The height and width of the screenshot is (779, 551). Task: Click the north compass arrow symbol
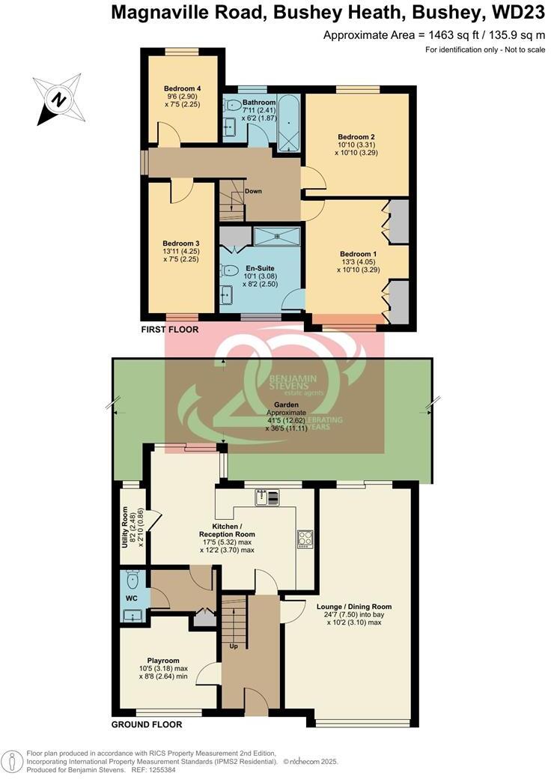click(x=58, y=99)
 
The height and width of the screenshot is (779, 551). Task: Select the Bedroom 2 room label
click(x=356, y=137)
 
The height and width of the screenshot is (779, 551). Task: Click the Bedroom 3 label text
click(x=181, y=243)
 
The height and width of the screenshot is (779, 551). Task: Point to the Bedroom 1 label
click(x=358, y=255)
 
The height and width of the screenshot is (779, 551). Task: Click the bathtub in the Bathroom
click(x=287, y=121)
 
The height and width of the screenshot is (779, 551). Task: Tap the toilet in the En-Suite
click(x=231, y=270)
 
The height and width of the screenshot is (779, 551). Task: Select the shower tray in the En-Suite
click(x=277, y=237)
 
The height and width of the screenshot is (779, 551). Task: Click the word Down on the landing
click(x=253, y=191)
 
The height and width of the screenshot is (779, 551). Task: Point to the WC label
click(x=131, y=598)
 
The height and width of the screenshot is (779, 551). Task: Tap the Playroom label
click(x=168, y=661)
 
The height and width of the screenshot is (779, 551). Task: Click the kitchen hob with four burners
click(x=305, y=539)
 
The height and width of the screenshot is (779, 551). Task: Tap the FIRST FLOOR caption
click(x=169, y=330)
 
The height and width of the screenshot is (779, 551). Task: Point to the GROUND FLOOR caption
click(x=147, y=725)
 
